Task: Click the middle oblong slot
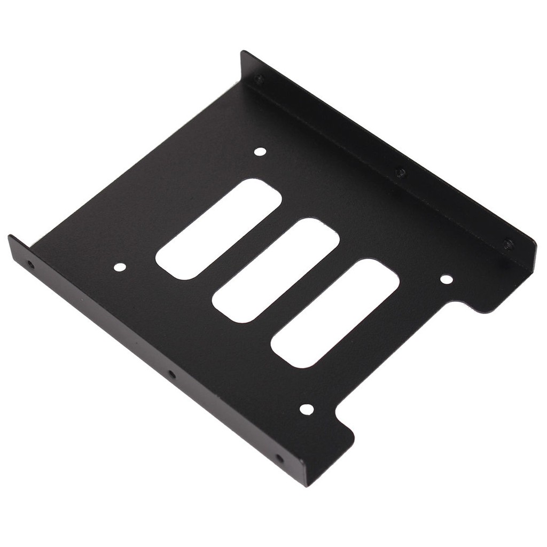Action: click(x=276, y=270)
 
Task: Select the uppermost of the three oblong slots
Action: click(x=218, y=229)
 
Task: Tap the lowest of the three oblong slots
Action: click(x=335, y=313)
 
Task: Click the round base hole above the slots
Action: click(x=260, y=152)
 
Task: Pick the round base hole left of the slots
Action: click(x=120, y=267)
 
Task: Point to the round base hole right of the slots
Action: click(x=446, y=279)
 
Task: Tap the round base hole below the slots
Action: click(x=307, y=409)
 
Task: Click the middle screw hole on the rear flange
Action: click(x=400, y=173)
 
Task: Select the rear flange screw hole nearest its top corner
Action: click(x=259, y=80)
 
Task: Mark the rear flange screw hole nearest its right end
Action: click(x=508, y=244)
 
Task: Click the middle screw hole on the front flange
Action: click(x=171, y=374)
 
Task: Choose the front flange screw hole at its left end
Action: click(x=30, y=264)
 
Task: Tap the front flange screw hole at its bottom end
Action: click(x=279, y=458)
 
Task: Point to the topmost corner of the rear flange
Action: click(x=243, y=52)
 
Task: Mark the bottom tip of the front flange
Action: click(x=307, y=485)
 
